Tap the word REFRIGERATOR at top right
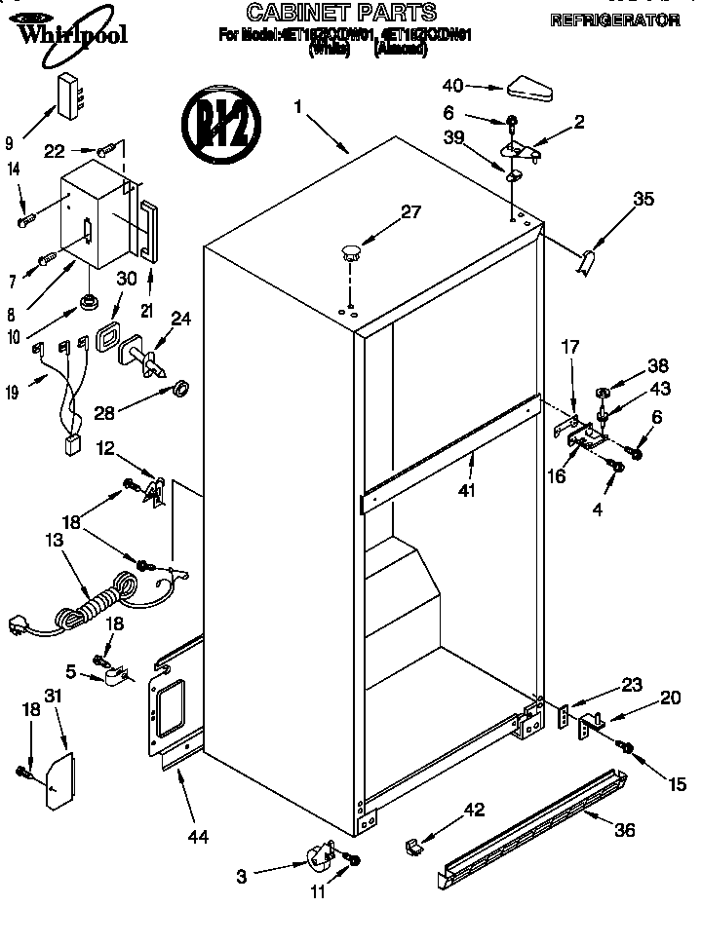614,19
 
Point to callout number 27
410,211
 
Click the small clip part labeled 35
587,262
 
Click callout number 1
298,106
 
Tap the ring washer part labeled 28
180,391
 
